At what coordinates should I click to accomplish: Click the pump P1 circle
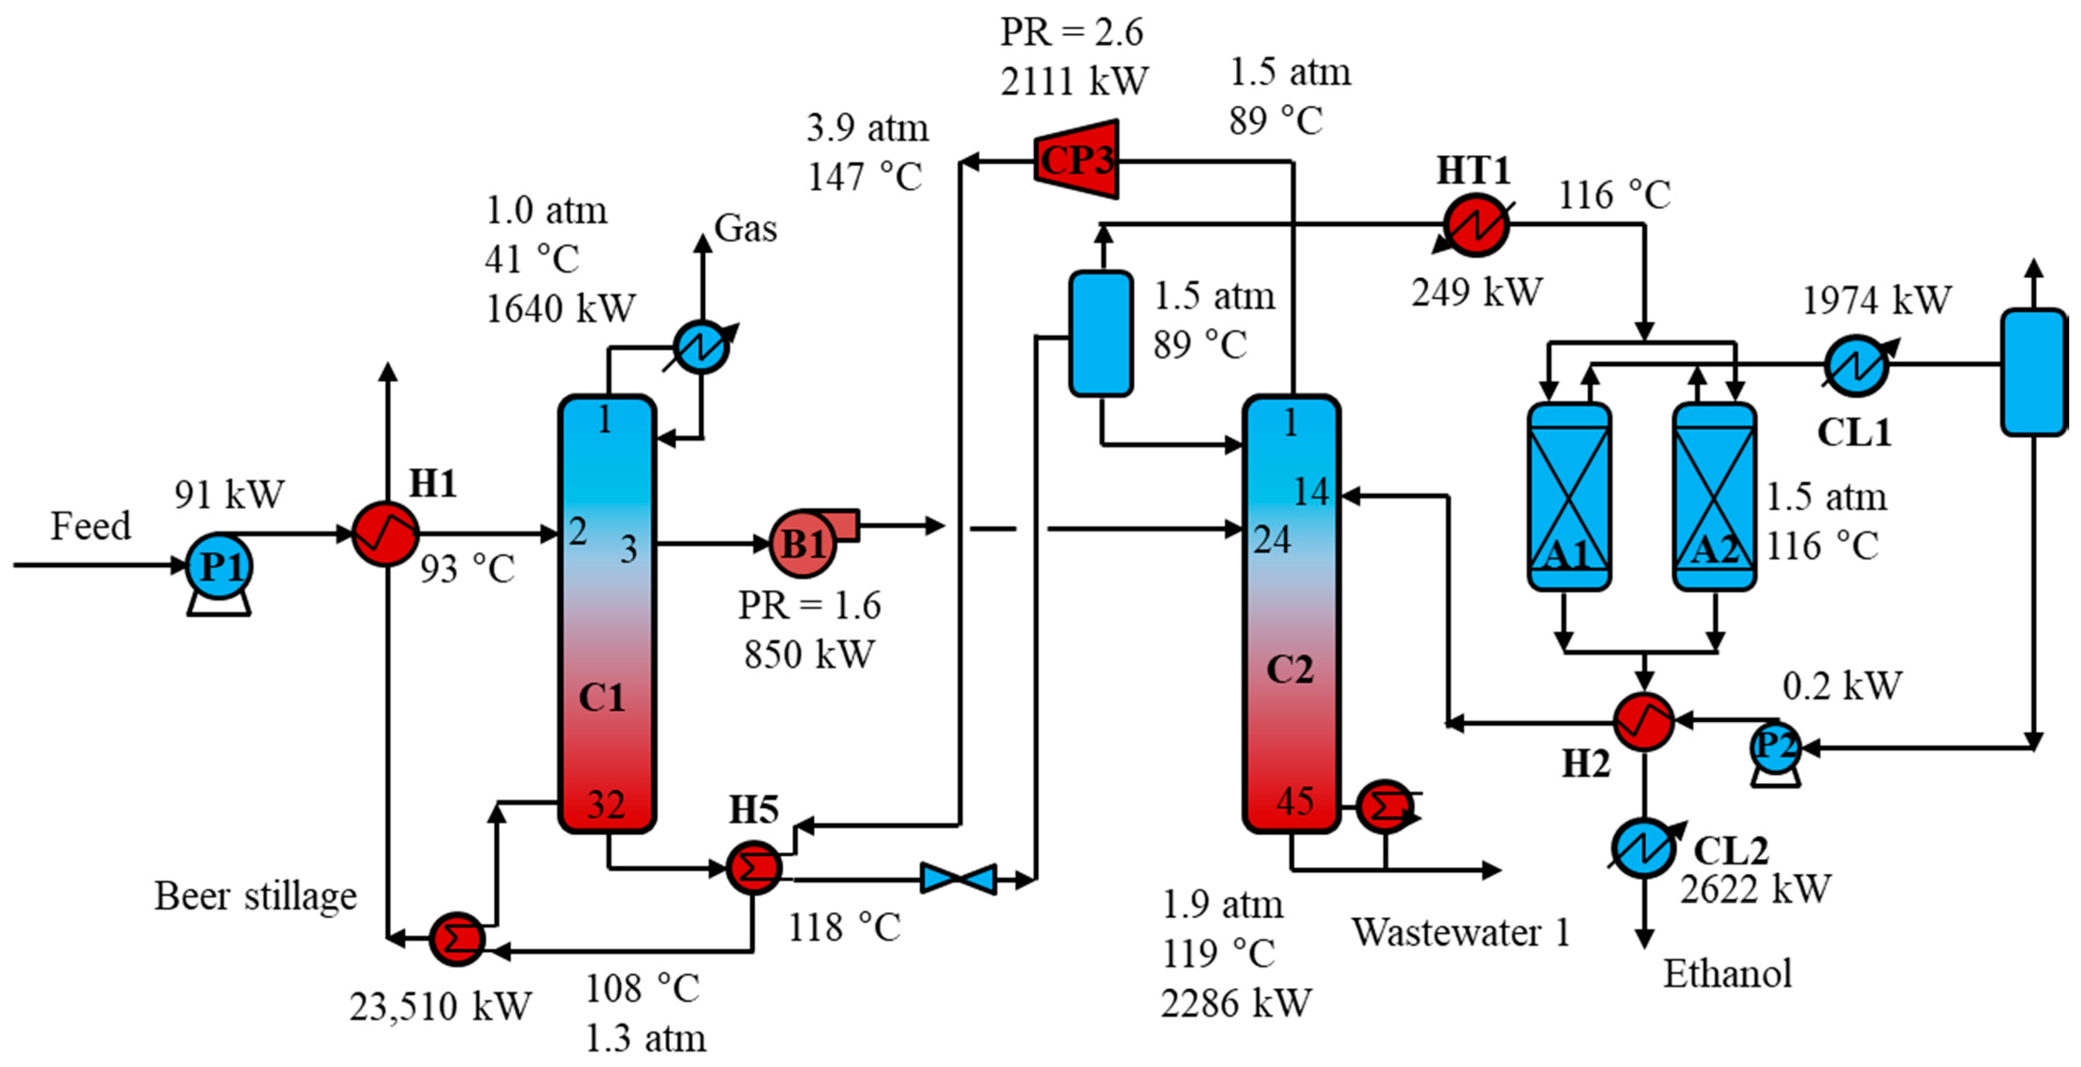coord(219,566)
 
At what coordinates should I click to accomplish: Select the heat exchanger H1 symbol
coord(385,534)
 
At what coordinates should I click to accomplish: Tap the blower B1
coord(802,543)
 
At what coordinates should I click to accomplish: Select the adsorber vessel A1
coord(1569,497)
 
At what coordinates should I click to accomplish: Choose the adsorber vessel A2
coord(1713,497)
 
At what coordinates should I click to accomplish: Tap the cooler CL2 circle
coord(1643,848)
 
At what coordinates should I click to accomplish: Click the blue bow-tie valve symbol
coord(958,878)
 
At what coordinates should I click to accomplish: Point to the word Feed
coord(90,526)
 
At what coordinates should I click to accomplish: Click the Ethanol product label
coord(1727,973)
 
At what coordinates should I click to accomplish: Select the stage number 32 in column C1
coord(606,805)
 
